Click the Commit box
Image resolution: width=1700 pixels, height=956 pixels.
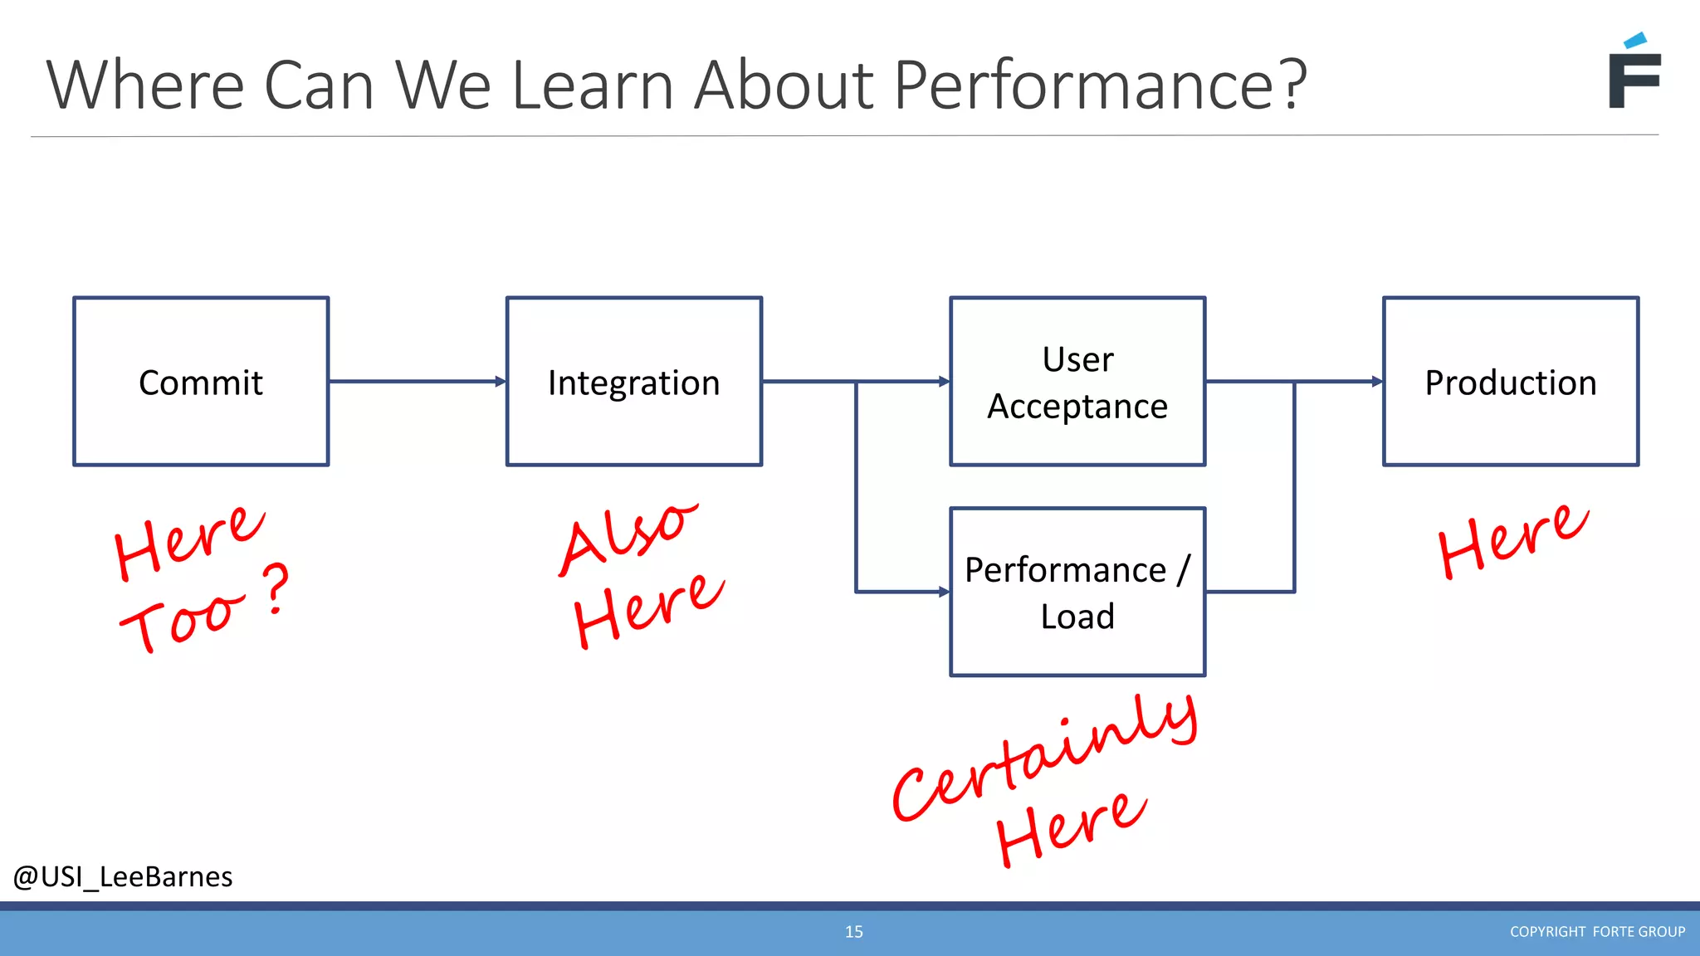click(x=201, y=382)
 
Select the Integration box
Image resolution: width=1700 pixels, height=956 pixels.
click(x=634, y=382)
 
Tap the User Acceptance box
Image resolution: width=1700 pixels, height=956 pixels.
click(x=1077, y=382)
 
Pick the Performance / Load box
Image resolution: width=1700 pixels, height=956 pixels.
click(x=1077, y=593)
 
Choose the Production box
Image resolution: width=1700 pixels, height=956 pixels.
click(x=1511, y=382)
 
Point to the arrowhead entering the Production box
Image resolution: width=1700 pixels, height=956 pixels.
click(x=1377, y=382)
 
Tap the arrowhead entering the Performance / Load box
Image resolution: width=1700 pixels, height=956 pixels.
click(x=944, y=592)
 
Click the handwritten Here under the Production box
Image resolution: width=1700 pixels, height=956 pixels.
click(x=1512, y=541)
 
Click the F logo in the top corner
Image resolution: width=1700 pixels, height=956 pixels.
click(x=1634, y=73)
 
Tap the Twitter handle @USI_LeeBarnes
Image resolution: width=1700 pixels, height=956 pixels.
click(x=123, y=877)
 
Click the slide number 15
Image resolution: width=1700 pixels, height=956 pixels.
click(x=853, y=932)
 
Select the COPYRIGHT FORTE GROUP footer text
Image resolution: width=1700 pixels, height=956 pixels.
click(x=1597, y=932)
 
